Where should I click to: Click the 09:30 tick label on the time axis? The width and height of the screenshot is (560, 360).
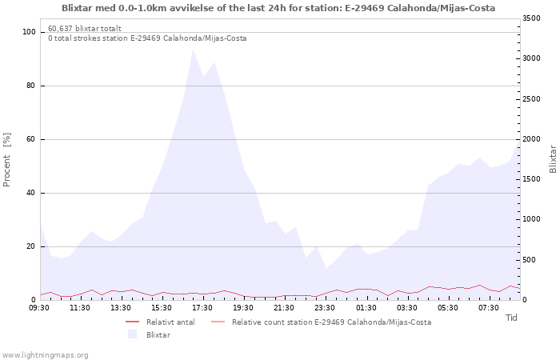coord(40,308)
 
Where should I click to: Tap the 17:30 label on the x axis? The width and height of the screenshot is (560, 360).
coord(203,308)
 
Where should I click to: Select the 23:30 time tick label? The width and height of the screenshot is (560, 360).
coord(326,308)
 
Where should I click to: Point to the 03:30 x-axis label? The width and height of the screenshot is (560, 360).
coord(407,308)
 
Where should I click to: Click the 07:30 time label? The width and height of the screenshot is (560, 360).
coord(489,308)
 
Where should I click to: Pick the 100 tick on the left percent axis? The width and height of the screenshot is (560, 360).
coord(30,32)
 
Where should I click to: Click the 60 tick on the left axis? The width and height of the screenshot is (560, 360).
coord(31,139)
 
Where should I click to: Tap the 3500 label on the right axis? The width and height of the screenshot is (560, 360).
coord(531,18)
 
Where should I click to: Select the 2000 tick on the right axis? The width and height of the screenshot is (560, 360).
coord(531,139)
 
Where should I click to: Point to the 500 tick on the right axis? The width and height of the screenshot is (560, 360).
coord(530,260)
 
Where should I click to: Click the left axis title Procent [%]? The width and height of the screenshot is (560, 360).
coord(6,160)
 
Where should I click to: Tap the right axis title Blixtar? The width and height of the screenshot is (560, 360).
coord(553,159)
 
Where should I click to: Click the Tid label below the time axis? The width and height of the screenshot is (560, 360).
coord(511,318)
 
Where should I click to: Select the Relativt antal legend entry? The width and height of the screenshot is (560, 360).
coord(160,322)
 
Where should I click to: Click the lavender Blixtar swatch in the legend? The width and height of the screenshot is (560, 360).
coord(133,334)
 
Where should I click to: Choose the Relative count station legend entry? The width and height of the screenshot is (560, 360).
coord(322,322)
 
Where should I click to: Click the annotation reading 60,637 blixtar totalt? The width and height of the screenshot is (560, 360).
coord(85,28)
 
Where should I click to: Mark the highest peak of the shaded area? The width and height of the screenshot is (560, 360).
coord(193,50)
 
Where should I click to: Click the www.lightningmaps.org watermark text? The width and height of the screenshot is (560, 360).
coord(45,355)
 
